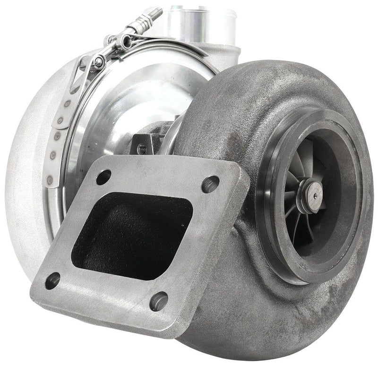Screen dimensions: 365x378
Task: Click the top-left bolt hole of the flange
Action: pos(103,177)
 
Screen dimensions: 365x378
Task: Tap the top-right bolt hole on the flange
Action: pos(210,184)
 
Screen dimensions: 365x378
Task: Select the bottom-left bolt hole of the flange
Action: pos(52,280)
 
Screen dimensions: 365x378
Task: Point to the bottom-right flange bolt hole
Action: pos(159,301)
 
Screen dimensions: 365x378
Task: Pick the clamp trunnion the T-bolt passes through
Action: pos(126,40)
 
